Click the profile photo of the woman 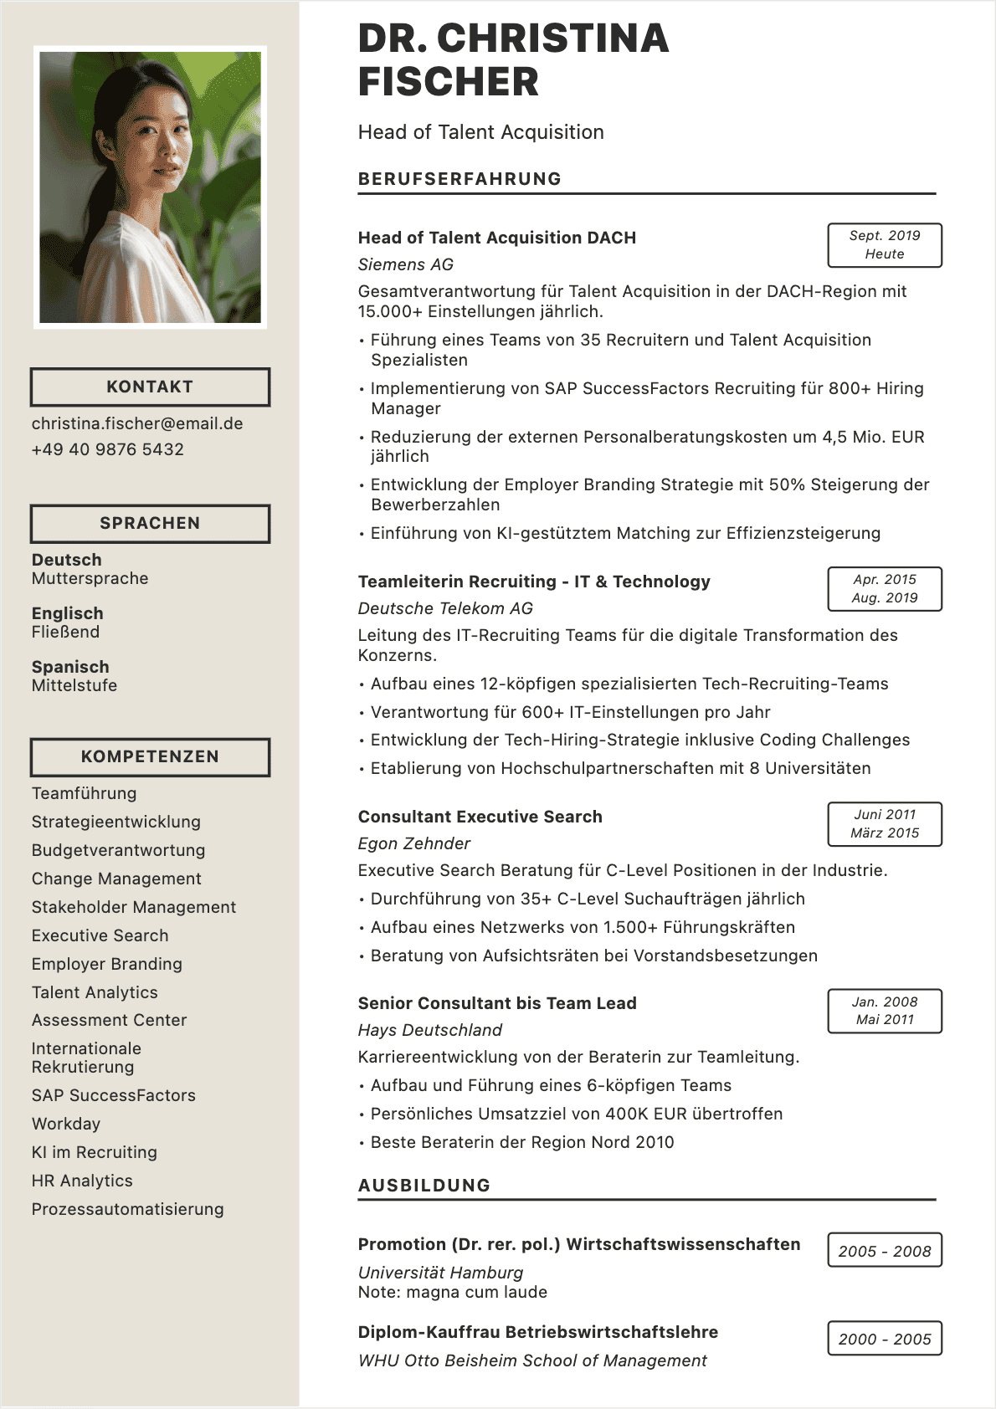click(x=151, y=187)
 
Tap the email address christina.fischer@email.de click(x=137, y=423)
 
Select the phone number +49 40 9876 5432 click(x=108, y=449)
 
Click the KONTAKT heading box click(x=150, y=387)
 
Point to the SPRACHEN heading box click(x=150, y=523)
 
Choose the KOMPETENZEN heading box click(x=150, y=756)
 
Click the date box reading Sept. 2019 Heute click(x=885, y=245)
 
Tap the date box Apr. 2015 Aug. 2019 click(x=885, y=589)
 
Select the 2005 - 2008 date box click(x=885, y=1251)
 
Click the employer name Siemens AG click(x=406, y=264)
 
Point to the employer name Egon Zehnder click(x=414, y=843)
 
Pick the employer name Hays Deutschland click(x=430, y=1030)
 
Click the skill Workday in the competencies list click(x=66, y=1124)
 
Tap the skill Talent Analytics click(x=95, y=992)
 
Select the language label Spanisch click(x=70, y=667)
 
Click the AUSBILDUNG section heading click(x=424, y=1186)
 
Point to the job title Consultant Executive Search click(x=480, y=817)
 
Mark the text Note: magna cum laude click(x=453, y=1292)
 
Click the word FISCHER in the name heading click(x=449, y=82)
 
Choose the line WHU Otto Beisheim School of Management click(x=532, y=1360)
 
